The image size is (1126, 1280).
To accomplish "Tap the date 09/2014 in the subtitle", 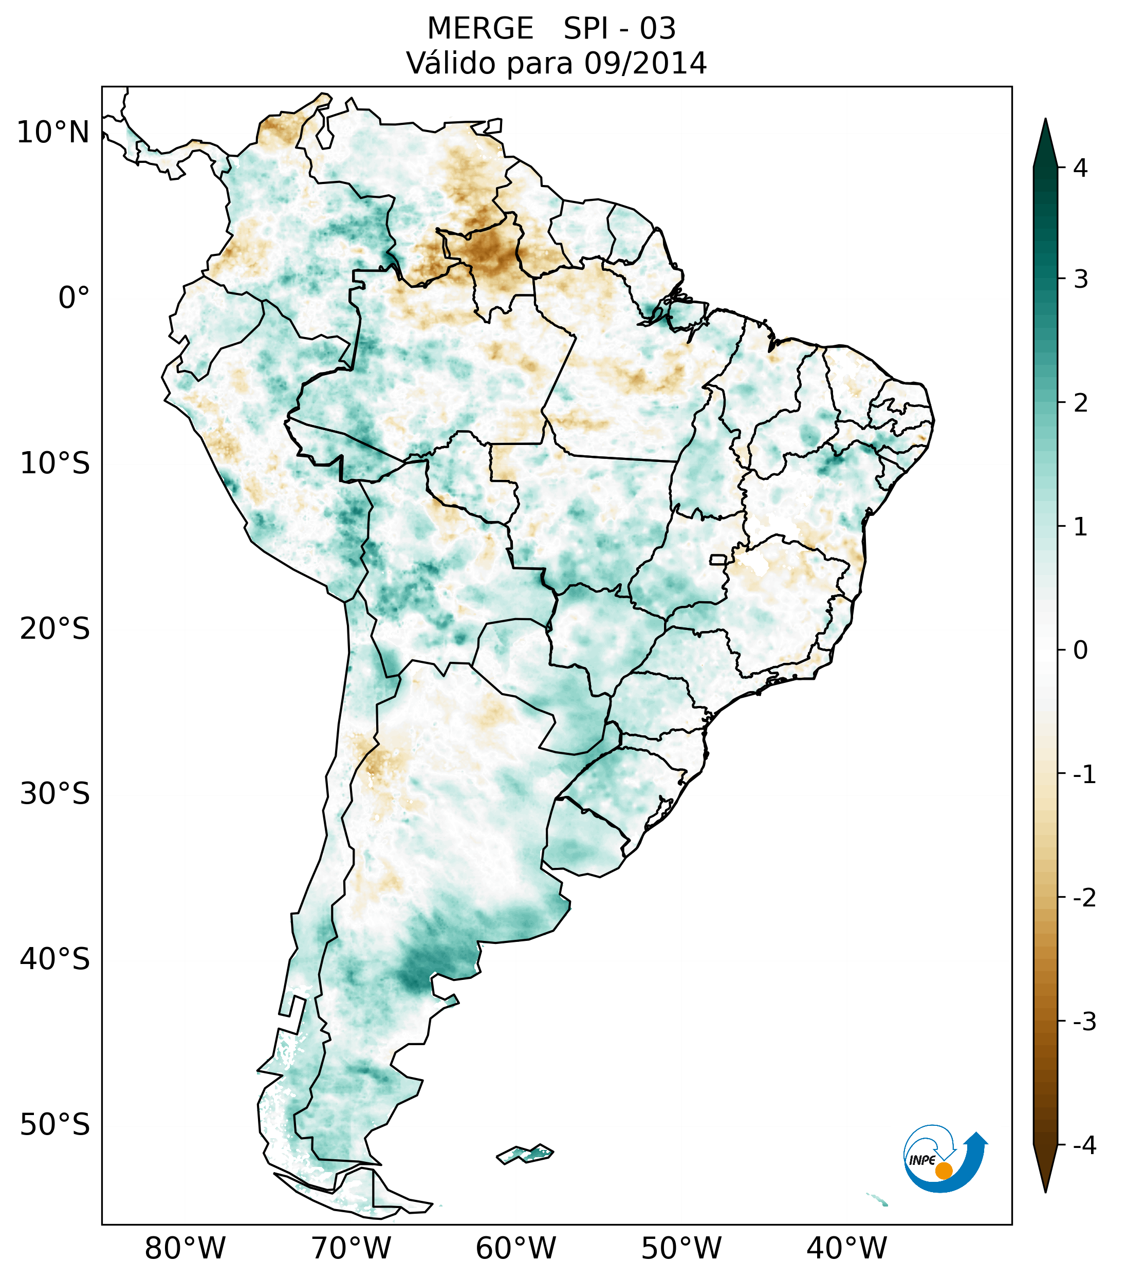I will click(x=645, y=63).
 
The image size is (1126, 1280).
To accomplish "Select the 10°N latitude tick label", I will click(x=53, y=133).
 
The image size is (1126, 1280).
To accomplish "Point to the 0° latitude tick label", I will click(x=74, y=298).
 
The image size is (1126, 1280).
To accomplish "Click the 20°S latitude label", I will click(x=55, y=629).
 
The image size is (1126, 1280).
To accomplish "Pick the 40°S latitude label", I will click(x=55, y=959).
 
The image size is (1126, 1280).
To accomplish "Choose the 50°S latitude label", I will click(x=55, y=1125).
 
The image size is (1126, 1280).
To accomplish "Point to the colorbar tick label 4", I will click(x=1080, y=168).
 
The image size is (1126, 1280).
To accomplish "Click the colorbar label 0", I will click(x=1080, y=650).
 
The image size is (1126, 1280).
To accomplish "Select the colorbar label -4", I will click(x=1084, y=1146).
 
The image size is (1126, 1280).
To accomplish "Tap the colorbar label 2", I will click(x=1080, y=403).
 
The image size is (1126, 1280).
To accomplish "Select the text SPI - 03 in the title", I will click(x=619, y=29).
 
